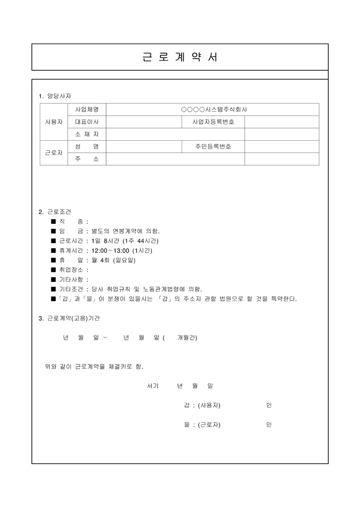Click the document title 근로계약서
click(180, 57)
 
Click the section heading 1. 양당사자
click(55, 96)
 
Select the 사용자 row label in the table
click(53, 122)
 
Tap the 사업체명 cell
click(87, 110)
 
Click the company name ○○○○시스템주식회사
click(214, 110)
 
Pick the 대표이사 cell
click(87, 122)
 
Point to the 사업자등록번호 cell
click(213, 122)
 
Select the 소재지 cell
click(87, 134)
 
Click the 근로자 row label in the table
click(53, 153)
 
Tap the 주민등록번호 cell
click(213, 147)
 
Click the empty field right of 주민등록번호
click(282, 147)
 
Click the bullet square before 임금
click(53, 231)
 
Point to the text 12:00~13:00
click(111, 250)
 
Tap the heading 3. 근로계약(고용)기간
click(69, 318)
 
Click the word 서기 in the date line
click(152, 386)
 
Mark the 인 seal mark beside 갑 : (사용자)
click(269, 405)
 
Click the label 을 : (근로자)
click(202, 424)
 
